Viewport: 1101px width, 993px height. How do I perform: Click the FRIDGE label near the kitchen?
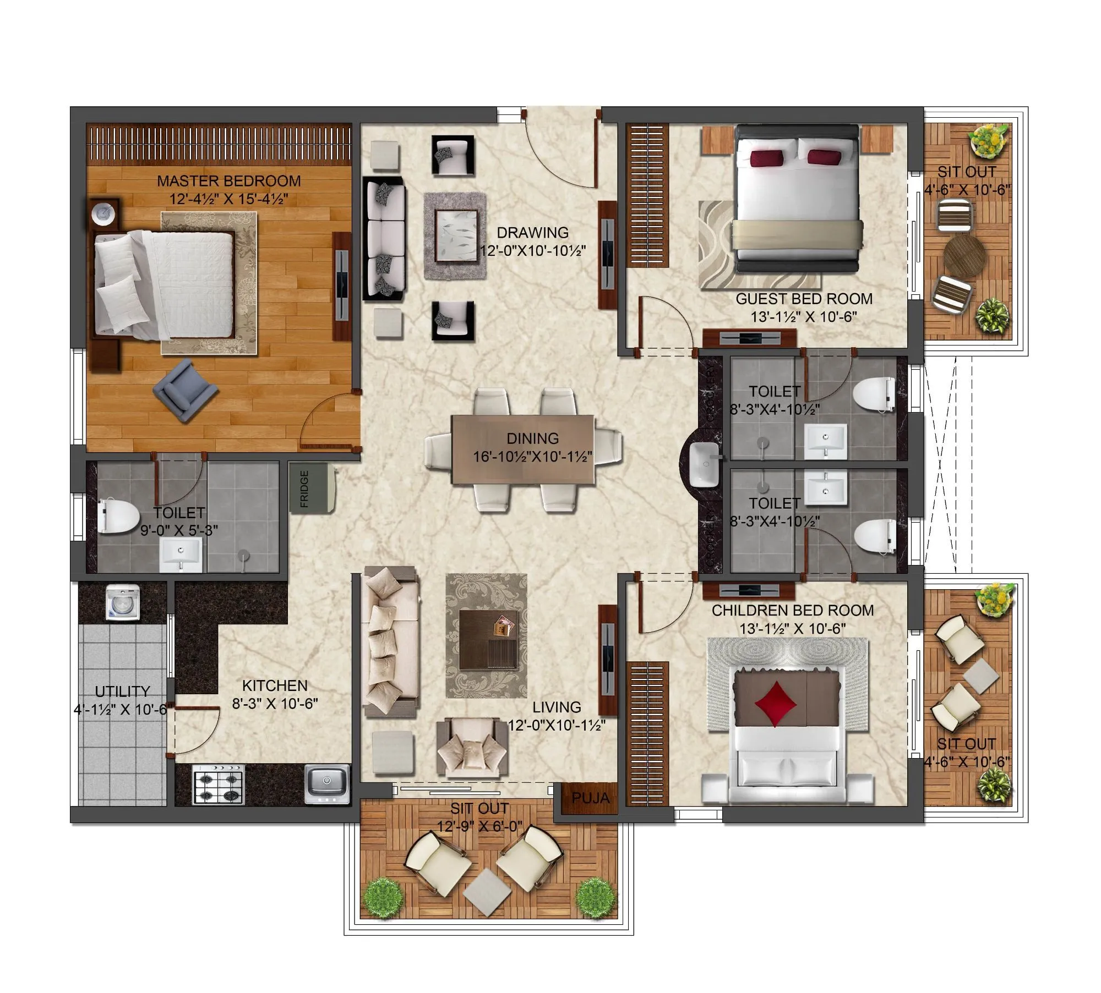tap(304, 489)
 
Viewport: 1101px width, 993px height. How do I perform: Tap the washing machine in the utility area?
tap(123, 603)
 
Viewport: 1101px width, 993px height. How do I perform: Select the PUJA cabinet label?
tap(590, 798)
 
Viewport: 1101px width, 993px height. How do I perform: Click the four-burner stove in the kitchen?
tap(218, 784)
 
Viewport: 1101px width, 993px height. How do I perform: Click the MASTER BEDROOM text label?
tap(228, 181)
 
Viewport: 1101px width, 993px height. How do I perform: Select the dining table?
tap(523, 449)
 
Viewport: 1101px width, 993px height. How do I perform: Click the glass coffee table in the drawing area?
tap(455, 235)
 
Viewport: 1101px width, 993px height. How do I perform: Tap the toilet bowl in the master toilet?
tap(119, 516)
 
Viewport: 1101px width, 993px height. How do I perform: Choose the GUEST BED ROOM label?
tap(804, 299)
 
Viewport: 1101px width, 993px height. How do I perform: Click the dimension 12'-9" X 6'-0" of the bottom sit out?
tap(479, 826)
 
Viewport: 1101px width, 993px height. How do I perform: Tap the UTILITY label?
tap(122, 691)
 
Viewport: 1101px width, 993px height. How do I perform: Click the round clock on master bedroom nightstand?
tap(103, 213)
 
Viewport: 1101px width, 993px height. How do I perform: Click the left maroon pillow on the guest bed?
tap(766, 158)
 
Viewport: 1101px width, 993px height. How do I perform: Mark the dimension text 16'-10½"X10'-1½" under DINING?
tap(532, 456)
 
